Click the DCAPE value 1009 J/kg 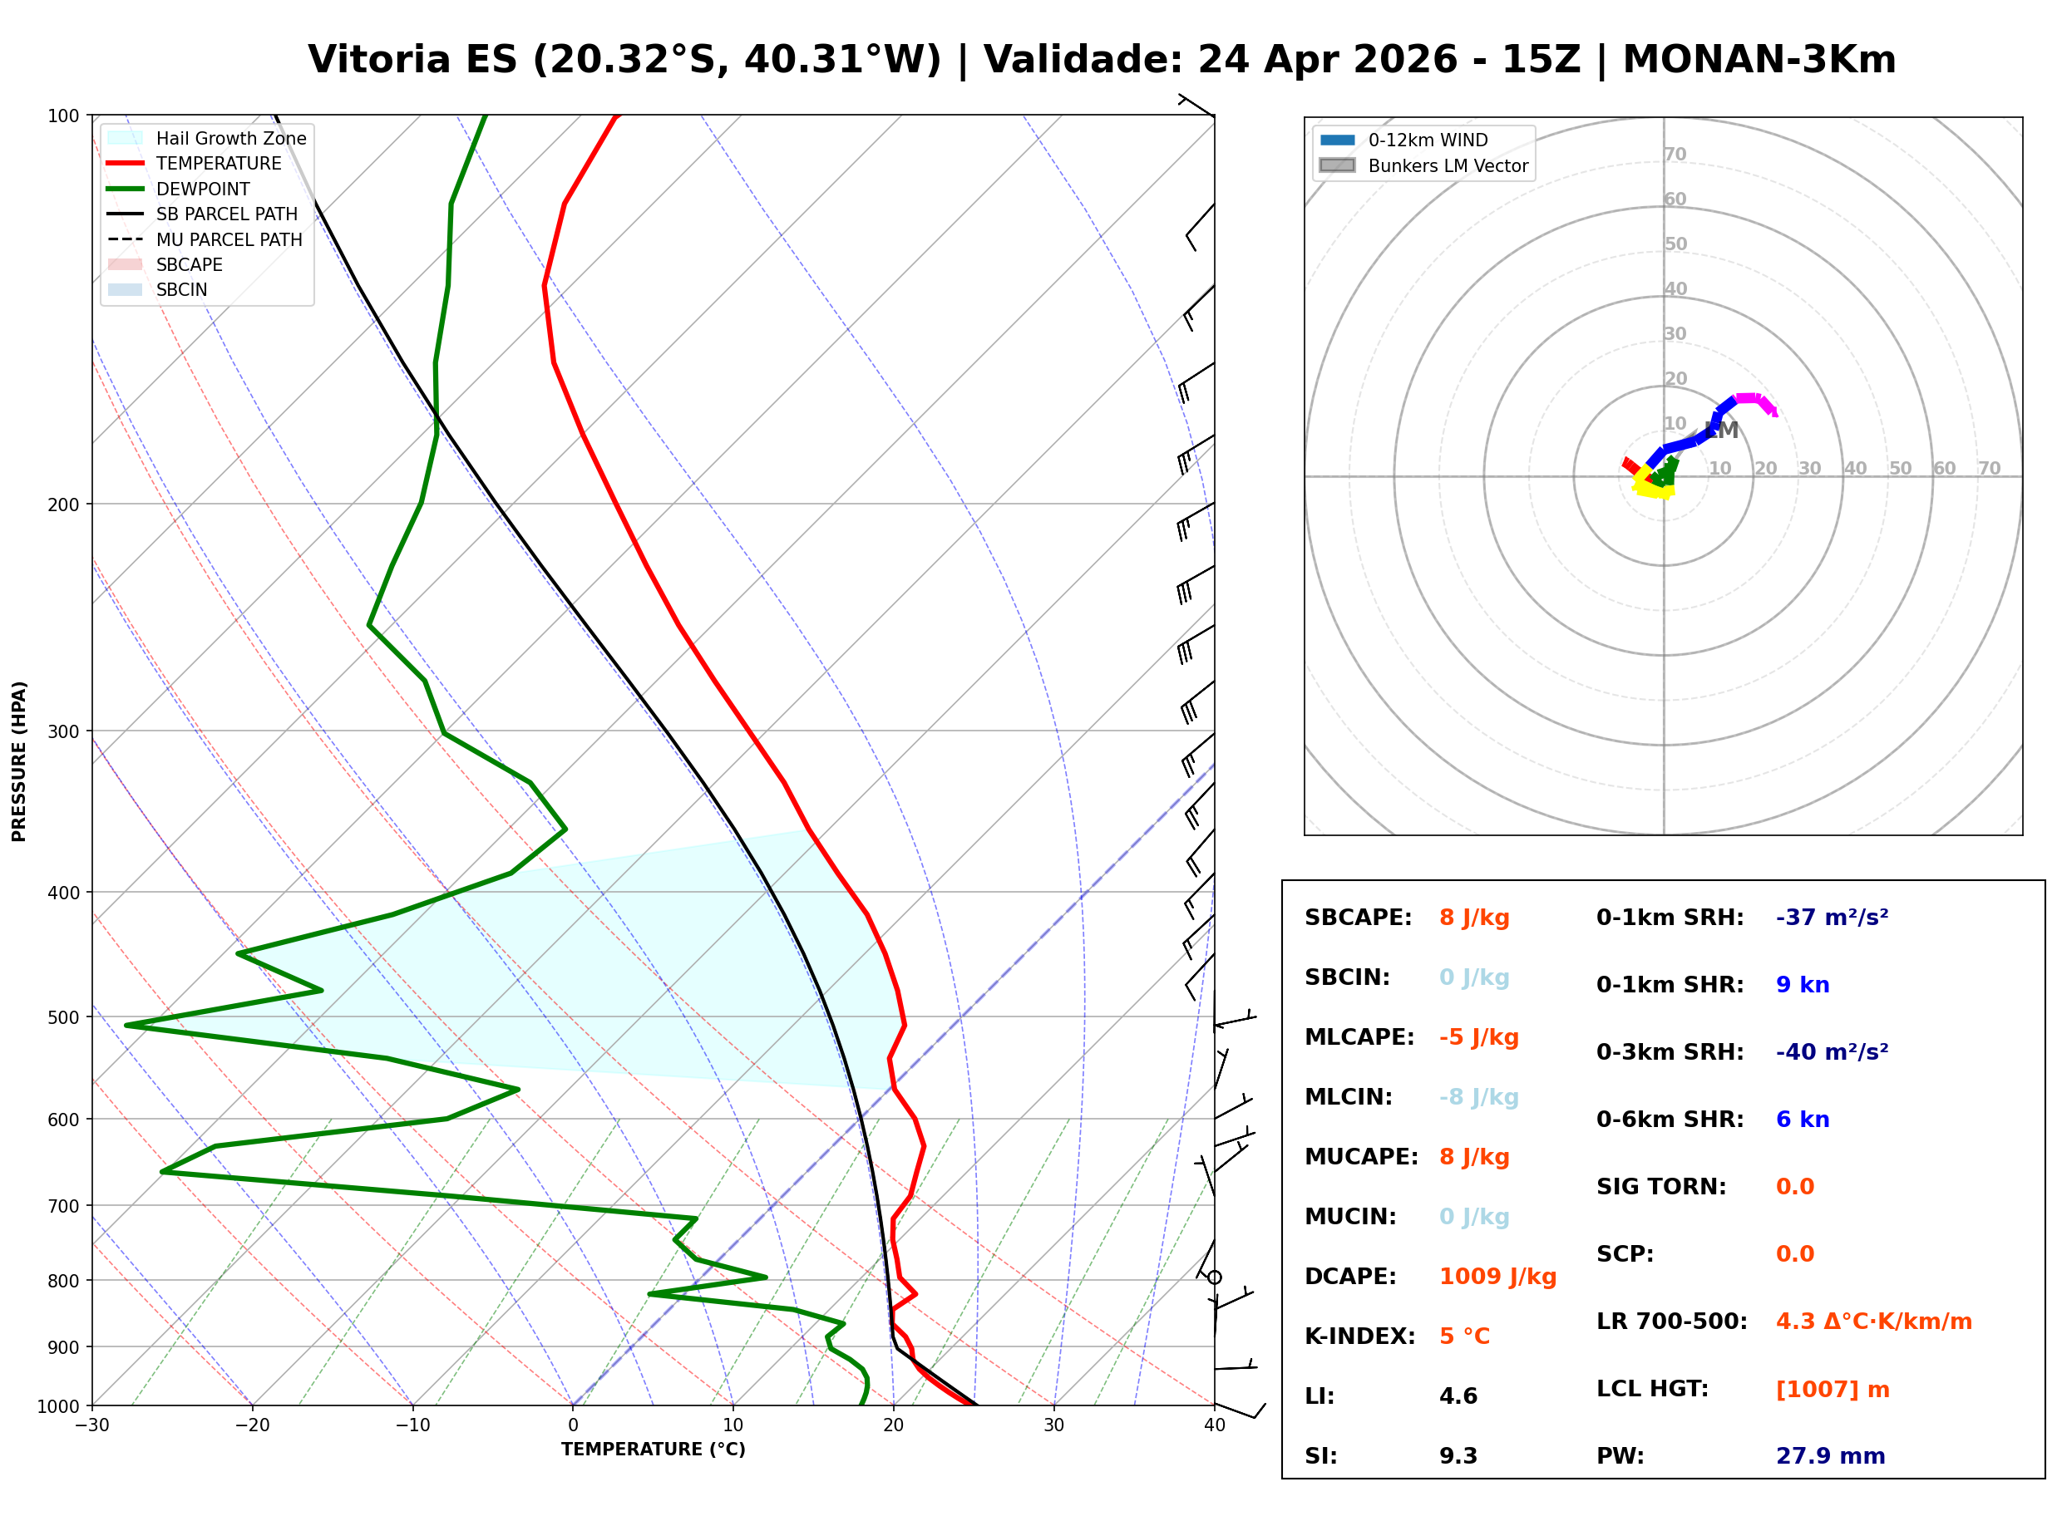[x=1497, y=1276]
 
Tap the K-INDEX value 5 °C [x=1464, y=1336]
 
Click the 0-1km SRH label [x=1670, y=917]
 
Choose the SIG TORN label [x=1661, y=1186]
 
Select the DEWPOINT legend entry [x=203, y=189]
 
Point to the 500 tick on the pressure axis [x=62, y=1017]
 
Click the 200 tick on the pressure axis [x=62, y=505]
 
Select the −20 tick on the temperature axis [x=251, y=1425]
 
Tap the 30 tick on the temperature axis [x=1053, y=1425]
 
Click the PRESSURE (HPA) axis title [x=18, y=760]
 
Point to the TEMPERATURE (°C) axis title [x=653, y=1450]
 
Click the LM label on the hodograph [x=1722, y=430]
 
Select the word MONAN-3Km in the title [x=1759, y=60]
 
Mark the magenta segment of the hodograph [x=1755, y=401]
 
